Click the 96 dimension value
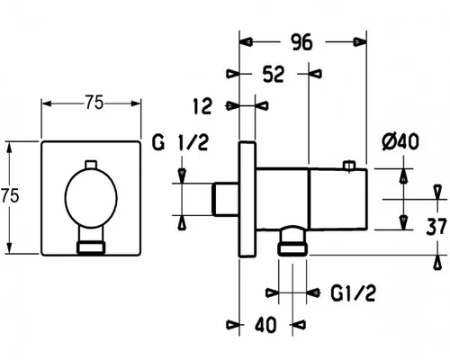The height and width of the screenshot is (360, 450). (301, 42)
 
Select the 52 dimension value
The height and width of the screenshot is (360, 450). (273, 74)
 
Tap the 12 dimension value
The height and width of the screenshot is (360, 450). (202, 106)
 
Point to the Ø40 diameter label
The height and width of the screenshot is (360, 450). (400, 142)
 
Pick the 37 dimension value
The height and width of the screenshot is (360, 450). (436, 227)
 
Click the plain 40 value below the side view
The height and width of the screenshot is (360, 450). (265, 325)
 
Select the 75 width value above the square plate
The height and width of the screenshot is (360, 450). (94, 102)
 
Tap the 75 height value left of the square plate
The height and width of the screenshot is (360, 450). (10, 195)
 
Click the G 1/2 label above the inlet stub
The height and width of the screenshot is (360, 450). (180, 142)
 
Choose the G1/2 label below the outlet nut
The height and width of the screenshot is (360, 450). (353, 292)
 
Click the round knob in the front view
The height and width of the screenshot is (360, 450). (91, 198)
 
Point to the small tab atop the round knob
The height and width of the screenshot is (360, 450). (91, 165)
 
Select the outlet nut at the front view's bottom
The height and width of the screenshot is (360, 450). (91, 247)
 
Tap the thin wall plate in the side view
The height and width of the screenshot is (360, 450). (247, 199)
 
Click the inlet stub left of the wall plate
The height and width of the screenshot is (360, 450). (225, 199)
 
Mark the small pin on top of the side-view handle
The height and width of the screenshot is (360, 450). (349, 166)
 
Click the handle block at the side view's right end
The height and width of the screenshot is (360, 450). (338, 199)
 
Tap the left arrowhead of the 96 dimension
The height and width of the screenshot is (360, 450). (246, 42)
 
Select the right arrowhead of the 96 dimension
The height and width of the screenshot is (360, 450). (360, 42)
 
